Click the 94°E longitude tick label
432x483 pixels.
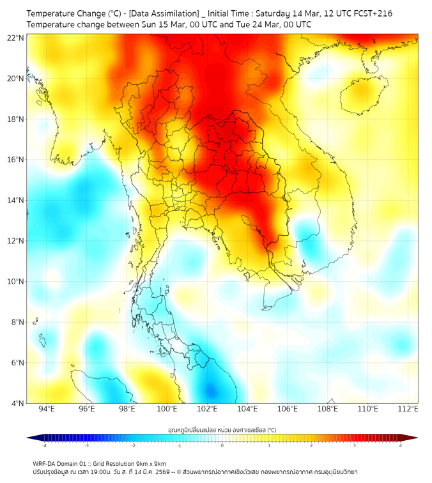point(47,410)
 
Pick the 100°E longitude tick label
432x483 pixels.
point(167,410)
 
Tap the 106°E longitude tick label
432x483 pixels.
point(288,410)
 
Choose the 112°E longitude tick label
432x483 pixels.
point(408,410)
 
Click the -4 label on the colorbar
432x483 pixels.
point(44,445)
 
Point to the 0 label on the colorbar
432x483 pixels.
point(222,445)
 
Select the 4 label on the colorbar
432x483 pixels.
point(401,445)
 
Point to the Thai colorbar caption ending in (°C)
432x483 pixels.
point(222,429)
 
